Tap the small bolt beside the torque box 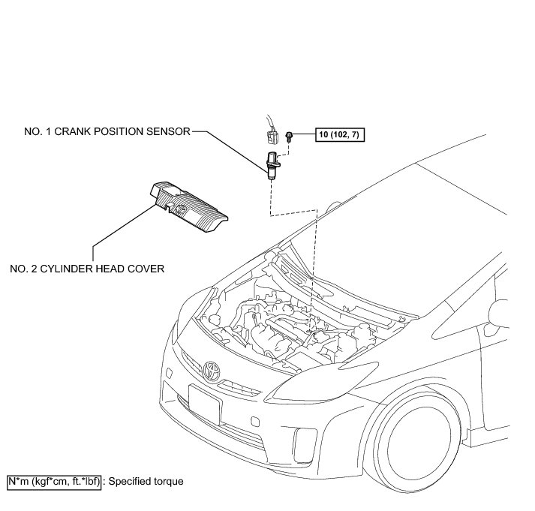click(289, 137)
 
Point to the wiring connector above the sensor click(268, 136)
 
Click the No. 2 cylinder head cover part click(188, 202)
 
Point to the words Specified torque click(146, 481)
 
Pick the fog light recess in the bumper click(306, 442)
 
